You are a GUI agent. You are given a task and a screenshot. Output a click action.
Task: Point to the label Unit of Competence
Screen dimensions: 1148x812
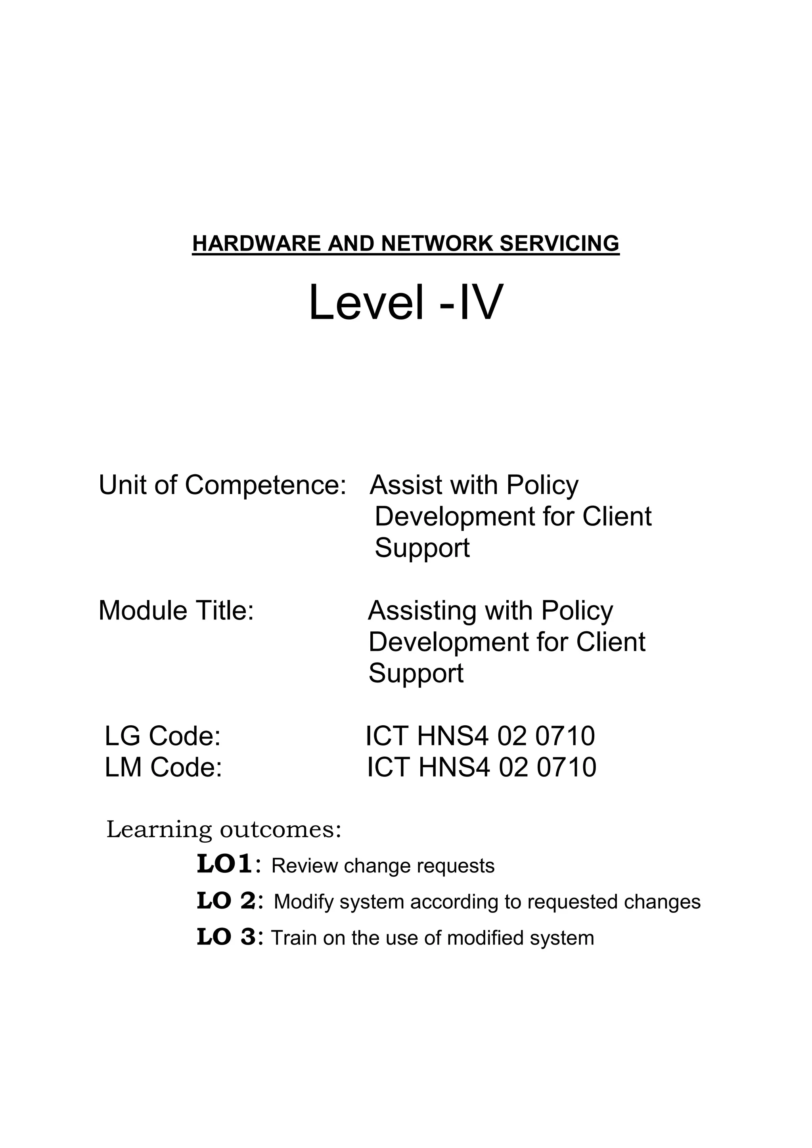click(x=222, y=485)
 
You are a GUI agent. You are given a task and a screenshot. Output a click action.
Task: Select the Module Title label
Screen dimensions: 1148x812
click(x=176, y=611)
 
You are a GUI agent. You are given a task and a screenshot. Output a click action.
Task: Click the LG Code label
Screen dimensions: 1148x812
click(x=163, y=736)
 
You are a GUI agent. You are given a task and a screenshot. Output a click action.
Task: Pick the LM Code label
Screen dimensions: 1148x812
click(x=163, y=767)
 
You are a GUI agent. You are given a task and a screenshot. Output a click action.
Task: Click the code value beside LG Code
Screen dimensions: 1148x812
click(x=481, y=736)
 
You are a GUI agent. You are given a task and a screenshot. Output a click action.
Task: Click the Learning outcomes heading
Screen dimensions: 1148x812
click(x=224, y=830)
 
